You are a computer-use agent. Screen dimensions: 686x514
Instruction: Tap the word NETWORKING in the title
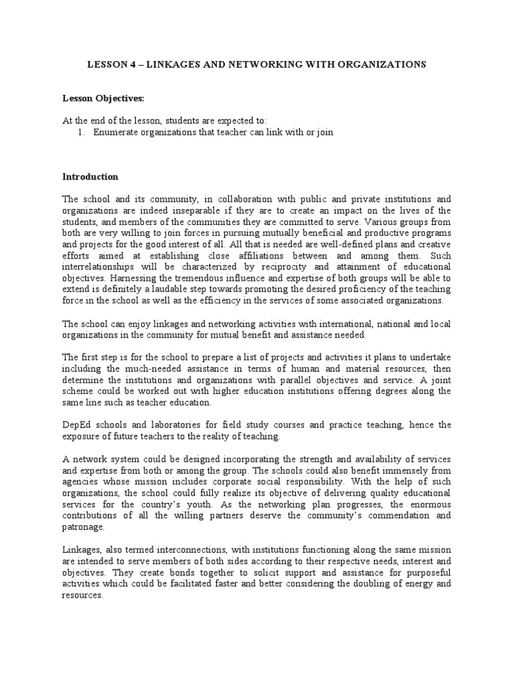click(x=252, y=64)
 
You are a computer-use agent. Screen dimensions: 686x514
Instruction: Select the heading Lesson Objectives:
click(x=94, y=98)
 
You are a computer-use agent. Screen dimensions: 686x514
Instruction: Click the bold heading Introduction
click(x=90, y=177)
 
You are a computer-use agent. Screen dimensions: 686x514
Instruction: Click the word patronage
click(x=84, y=527)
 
